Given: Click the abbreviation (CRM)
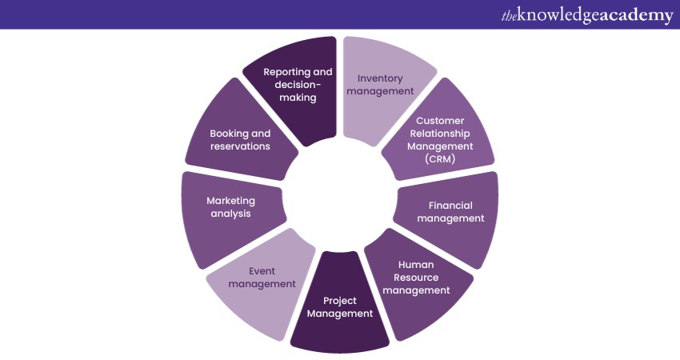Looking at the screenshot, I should point(439,159).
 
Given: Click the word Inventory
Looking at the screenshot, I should point(380,78).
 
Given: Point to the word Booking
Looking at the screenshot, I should point(230,134).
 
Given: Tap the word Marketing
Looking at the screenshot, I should point(230,200).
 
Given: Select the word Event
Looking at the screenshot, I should point(262,271).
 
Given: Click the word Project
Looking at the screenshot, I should point(340,301).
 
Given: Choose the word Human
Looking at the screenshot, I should point(417,264).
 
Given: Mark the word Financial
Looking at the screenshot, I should point(450,206).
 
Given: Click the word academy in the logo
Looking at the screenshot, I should point(631,16).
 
